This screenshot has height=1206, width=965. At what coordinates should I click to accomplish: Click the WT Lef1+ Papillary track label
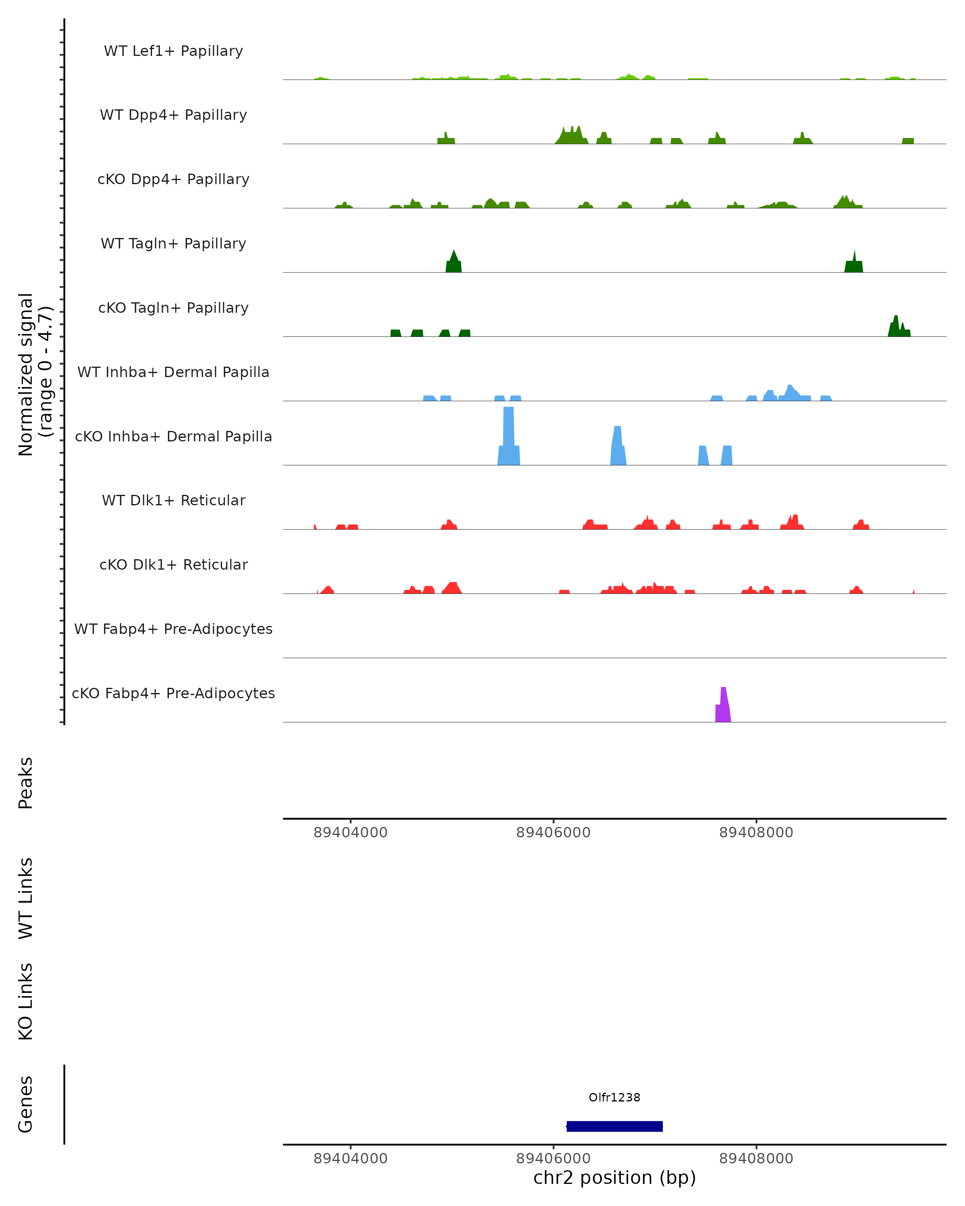(x=173, y=51)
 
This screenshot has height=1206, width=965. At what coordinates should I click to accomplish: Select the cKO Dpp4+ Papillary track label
(x=173, y=180)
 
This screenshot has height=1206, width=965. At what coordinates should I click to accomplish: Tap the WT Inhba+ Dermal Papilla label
(x=173, y=373)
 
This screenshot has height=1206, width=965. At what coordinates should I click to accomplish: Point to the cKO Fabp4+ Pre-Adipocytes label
(x=173, y=693)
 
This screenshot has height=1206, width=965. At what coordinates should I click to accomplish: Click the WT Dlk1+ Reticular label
(x=173, y=500)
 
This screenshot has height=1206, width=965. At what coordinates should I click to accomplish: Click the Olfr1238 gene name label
(x=614, y=1097)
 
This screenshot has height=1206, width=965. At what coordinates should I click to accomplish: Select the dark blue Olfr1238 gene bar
(x=614, y=1126)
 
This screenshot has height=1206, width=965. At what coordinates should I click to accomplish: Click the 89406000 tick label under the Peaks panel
(x=553, y=833)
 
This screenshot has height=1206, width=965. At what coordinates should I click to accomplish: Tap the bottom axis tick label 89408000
(x=756, y=1159)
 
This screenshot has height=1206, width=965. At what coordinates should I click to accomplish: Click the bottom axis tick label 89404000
(x=350, y=1159)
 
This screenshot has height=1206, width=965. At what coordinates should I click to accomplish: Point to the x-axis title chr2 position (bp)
(x=614, y=1178)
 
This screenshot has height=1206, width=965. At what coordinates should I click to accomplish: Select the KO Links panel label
(x=26, y=1001)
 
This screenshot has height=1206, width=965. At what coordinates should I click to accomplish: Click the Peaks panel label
(x=26, y=783)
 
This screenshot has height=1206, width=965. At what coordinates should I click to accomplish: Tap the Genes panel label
(x=26, y=1104)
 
